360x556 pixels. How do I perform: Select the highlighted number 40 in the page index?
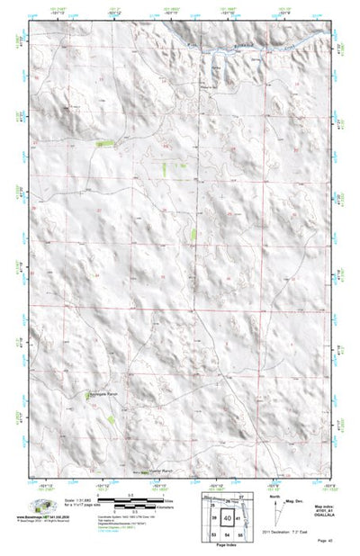click(x=229, y=517)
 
